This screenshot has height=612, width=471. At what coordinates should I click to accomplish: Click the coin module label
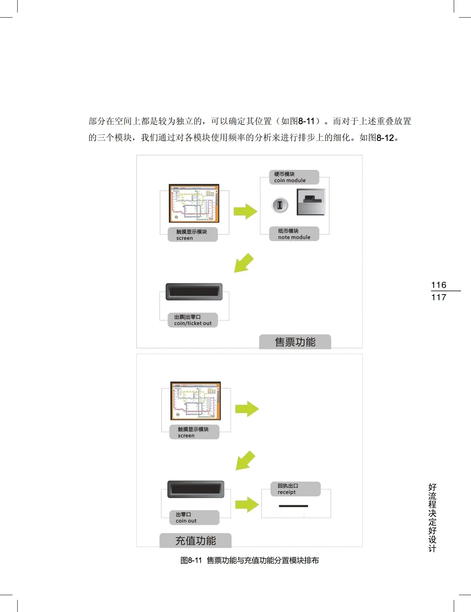pos(294,177)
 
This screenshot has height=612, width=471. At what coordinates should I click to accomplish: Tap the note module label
pos(294,234)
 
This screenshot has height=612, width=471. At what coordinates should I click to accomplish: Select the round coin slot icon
pos(280,205)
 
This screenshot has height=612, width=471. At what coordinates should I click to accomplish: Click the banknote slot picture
pos(311,202)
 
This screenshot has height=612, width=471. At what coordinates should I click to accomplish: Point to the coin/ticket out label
pos(193,320)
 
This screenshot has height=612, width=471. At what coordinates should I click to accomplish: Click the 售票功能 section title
pos(295,342)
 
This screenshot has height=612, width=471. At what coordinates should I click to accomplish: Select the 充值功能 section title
pos(195,541)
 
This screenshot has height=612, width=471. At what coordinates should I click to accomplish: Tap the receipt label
pos(295,489)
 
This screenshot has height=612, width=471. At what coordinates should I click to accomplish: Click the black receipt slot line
pos(293,506)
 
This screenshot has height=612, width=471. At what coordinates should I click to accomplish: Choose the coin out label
pos(194,518)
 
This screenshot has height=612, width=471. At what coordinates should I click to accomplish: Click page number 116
pos(439,285)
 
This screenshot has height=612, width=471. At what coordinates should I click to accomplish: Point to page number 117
pos(439,297)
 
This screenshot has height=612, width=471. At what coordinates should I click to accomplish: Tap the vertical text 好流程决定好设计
pos(432,517)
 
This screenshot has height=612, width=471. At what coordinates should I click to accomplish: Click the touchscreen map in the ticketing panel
pos(194,204)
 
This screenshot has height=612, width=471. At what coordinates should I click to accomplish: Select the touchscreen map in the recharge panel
pos(196,401)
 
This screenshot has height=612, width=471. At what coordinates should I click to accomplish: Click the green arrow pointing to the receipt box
pos(247,505)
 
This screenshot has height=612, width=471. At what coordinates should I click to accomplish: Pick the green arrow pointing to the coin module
pos(245,211)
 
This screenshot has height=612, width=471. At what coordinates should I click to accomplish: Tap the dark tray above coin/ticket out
pos(194,291)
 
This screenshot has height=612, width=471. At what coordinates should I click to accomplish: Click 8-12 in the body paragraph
pos(385,138)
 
